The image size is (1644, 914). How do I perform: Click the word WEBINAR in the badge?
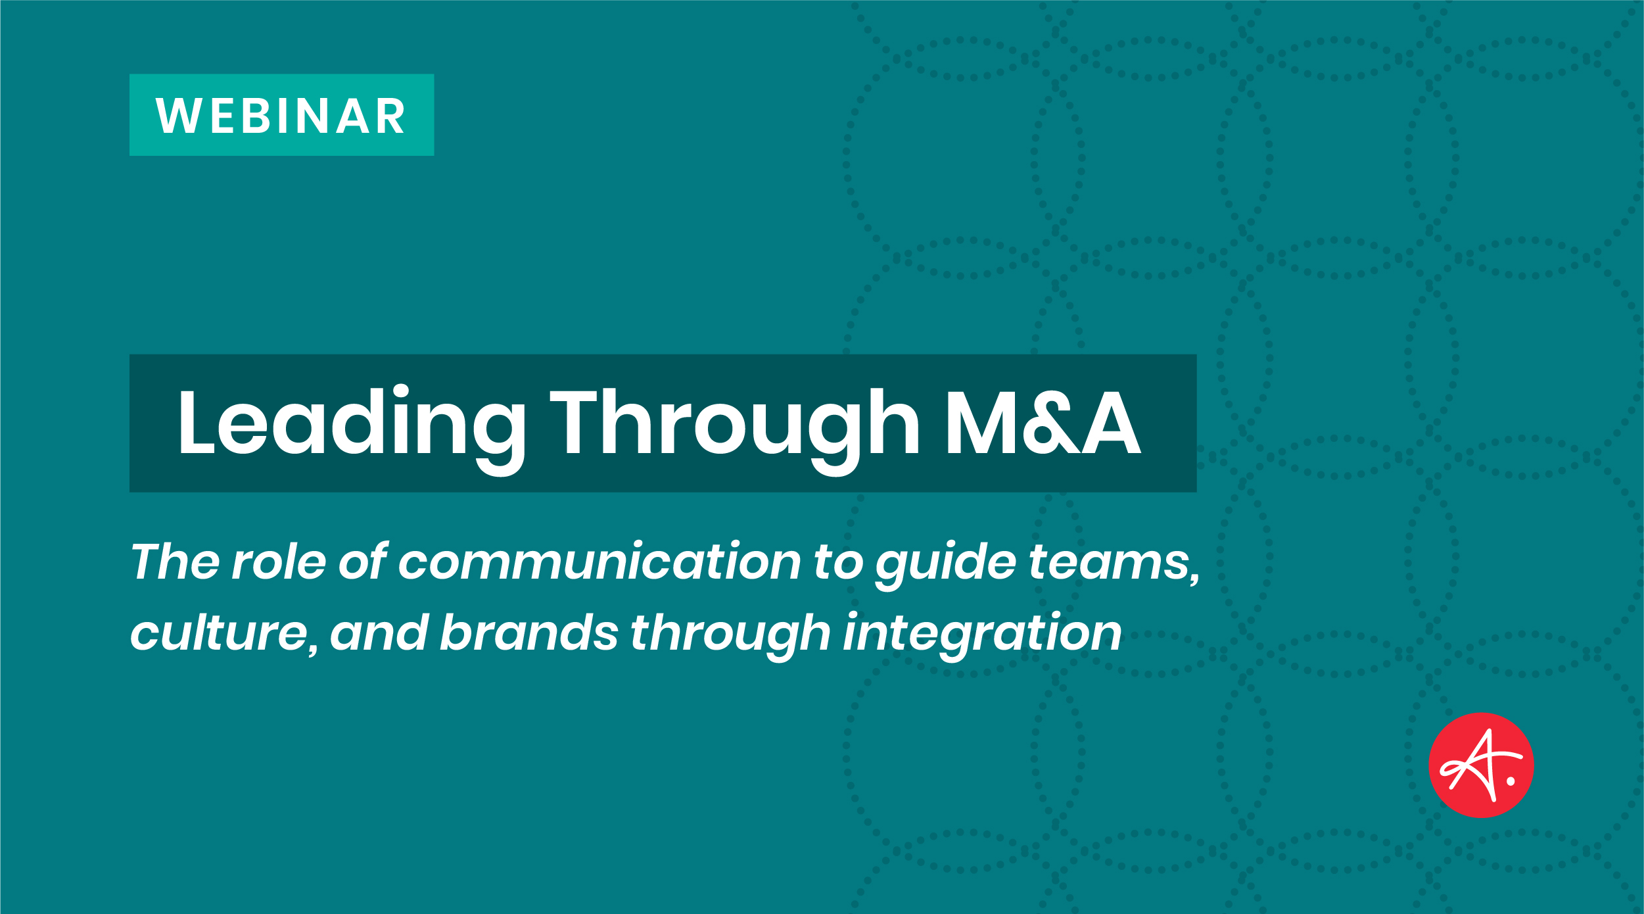tap(281, 116)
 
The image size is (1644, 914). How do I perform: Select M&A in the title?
tap(1043, 422)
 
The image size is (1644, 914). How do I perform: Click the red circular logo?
tap(1481, 765)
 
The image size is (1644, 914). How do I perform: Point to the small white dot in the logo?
tap(1511, 782)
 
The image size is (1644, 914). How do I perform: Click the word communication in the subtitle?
tap(599, 562)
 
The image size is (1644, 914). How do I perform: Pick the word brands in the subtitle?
tap(528, 633)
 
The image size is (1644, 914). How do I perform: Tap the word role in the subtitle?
tap(279, 562)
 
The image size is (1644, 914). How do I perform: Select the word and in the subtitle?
tap(379, 633)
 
